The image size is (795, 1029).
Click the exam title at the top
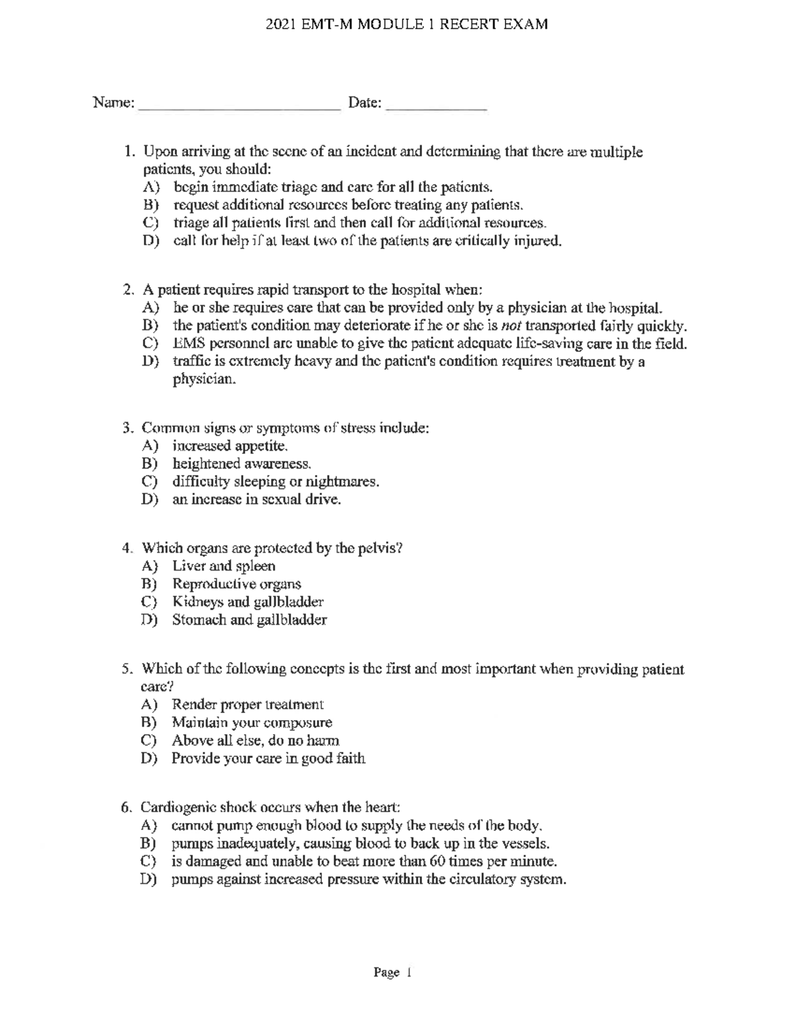(406, 25)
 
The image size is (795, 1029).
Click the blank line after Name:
(238, 106)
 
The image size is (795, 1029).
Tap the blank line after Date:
(436, 106)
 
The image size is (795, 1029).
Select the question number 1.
(130, 152)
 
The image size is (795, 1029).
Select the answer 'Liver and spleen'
(223, 567)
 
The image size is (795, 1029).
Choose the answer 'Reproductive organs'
(237, 584)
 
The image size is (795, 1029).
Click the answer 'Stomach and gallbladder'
(249, 620)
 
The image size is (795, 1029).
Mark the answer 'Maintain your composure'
(252, 723)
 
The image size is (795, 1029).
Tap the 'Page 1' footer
(393, 973)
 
